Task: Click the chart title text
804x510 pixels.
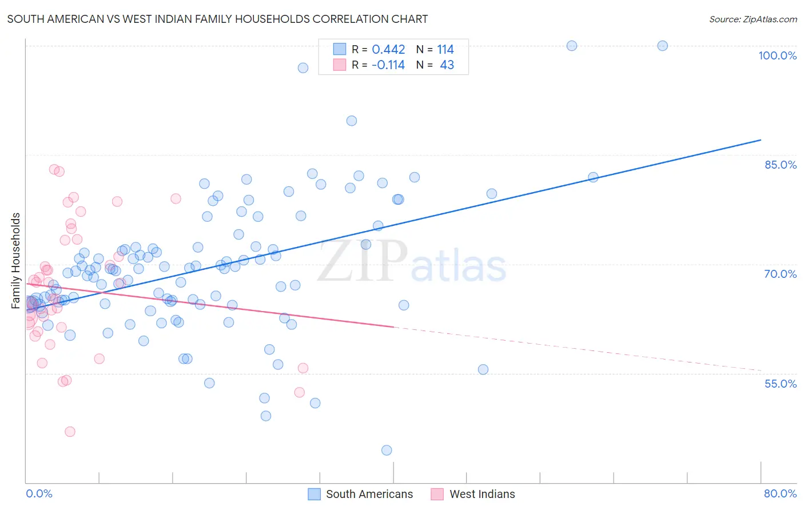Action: (x=217, y=19)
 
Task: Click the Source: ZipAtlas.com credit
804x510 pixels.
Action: (x=753, y=19)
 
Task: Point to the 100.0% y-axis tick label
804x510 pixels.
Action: (x=777, y=55)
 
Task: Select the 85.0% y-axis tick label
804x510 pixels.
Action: (x=781, y=165)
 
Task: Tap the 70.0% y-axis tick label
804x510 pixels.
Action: (x=781, y=274)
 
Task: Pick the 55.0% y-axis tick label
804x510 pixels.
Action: (x=781, y=384)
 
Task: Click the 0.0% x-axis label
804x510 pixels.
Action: (x=39, y=493)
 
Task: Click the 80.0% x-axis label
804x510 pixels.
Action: (x=780, y=493)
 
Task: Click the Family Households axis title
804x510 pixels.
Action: (x=16, y=261)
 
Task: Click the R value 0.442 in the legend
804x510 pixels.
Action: (x=388, y=50)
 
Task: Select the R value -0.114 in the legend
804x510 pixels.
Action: (x=388, y=65)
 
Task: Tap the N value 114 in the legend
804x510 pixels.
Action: (x=445, y=50)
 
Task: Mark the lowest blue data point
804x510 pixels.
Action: (x=387, y=451)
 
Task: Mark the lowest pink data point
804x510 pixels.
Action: (x=70, y=432)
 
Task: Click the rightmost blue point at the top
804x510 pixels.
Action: (x=662, y=46)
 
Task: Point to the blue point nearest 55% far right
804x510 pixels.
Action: (x=483, y=369)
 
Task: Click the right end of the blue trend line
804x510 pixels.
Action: (x=761, y=140)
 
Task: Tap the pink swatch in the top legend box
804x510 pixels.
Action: (x=340, y=65)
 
